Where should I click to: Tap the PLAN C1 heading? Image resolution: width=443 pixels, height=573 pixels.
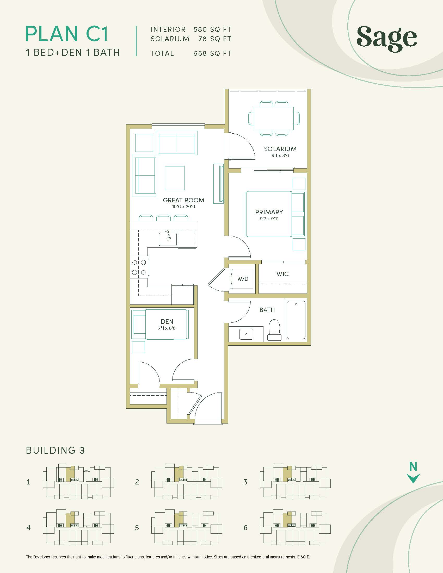(x=67, y=34)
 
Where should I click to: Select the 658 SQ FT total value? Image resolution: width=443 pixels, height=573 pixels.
(x=212, y=53)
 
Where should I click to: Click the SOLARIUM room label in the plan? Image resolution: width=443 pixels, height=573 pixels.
(x=280, y=149)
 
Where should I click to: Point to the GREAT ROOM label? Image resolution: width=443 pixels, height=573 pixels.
(x=183, y=200)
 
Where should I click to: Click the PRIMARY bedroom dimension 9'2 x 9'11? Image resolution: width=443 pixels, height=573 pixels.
(x=269, y=219)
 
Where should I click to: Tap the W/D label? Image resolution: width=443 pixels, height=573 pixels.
(x=243, y=279)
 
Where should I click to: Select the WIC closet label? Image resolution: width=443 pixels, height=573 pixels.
(x=282, y=274)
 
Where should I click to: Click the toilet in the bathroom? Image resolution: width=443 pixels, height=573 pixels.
(x=274, y=330)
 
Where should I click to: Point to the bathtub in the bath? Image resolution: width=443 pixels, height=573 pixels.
(x=296, y=320)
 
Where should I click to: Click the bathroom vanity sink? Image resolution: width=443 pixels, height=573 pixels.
(x=246, y=334)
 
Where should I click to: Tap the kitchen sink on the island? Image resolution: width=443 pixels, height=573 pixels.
(x=168, y=239)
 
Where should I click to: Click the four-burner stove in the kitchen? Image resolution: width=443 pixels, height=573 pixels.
(x=139, y=267)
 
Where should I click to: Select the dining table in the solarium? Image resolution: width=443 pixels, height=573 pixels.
(x=274, y=118)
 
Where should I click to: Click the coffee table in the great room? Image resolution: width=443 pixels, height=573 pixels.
(x=175, y=178)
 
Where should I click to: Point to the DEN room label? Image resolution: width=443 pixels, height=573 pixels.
(x=167, y=321)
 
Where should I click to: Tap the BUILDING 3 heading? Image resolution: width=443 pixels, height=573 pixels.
(x=55, y=451)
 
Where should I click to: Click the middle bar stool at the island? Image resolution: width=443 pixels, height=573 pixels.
(x=163, y=218)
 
